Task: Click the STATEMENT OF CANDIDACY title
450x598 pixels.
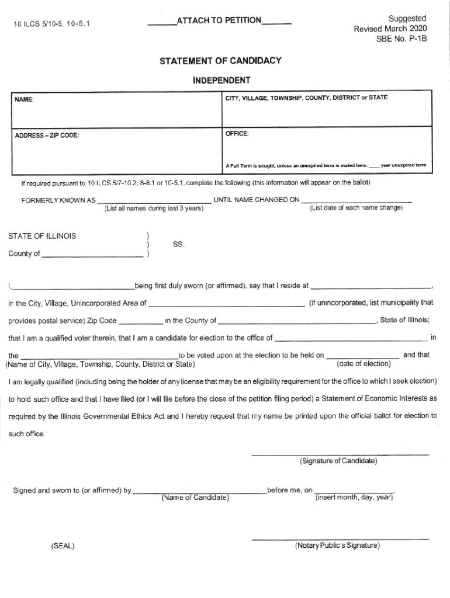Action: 217,61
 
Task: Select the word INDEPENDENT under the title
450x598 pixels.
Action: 221,80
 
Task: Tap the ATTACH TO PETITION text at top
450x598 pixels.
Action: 219,21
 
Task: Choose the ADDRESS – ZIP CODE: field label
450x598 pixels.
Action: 47,136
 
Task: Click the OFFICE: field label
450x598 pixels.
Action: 237,134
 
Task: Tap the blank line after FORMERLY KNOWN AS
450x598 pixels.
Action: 154,201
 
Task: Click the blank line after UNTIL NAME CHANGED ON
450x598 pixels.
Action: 356,201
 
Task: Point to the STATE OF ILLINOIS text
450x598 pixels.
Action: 41,237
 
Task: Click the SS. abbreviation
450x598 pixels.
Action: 179,245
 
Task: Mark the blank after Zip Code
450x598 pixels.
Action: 141,322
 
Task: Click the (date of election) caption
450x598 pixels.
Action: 364,364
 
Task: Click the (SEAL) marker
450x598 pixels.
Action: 63,547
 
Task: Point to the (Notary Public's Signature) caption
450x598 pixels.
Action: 337,545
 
